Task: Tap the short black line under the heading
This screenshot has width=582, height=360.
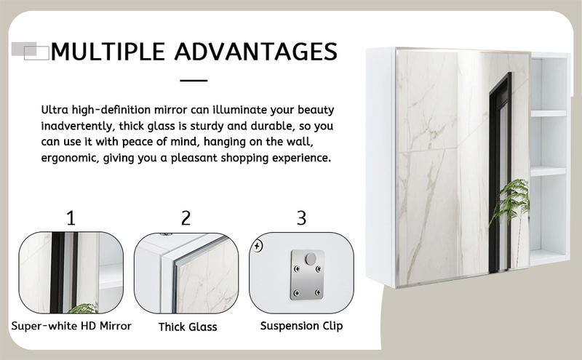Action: [x=194, y=80]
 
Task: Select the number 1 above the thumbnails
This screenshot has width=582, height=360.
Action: [x=71, y=217]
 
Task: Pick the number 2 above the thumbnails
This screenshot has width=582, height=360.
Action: [x=186, y=217]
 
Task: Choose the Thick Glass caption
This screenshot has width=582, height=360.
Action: [x=188, y=327]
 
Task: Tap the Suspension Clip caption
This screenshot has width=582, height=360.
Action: [x=301, y=326]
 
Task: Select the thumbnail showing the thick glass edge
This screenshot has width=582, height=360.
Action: [x=188, y=273]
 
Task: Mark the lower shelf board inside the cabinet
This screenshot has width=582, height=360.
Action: [x=548, y=171]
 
